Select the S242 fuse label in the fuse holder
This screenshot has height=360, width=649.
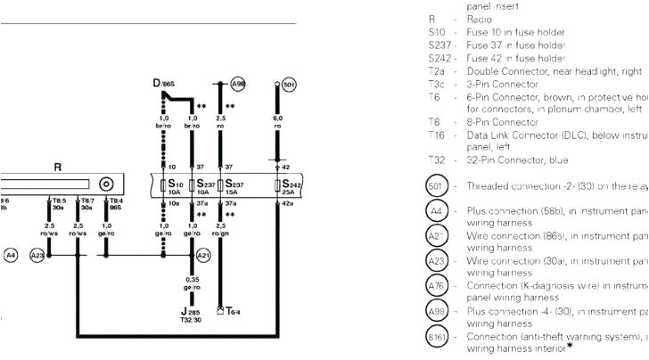coord(288,184)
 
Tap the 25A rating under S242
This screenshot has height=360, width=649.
coord(287,192)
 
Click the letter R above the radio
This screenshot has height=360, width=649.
coord(57,167)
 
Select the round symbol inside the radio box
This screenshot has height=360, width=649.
coord(107,185)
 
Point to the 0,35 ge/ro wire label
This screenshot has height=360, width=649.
coord(193,282)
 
